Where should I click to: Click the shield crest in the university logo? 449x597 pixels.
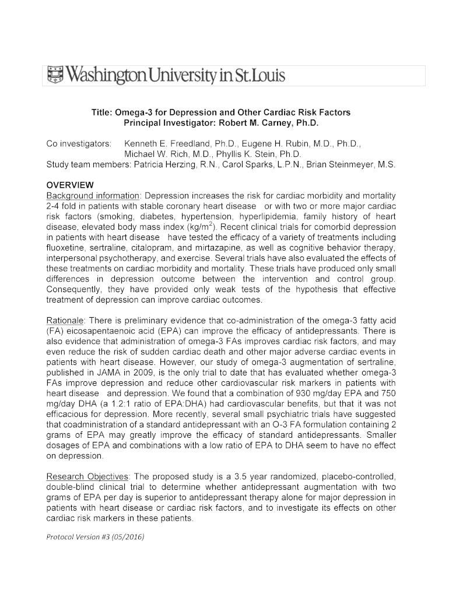pyautogui.click(x=54, y=75)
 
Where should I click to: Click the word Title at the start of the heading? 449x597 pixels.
pyautogui.click(x=102, y=112)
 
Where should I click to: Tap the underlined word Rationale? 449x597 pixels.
pyautogui.click(x=65, y=321)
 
